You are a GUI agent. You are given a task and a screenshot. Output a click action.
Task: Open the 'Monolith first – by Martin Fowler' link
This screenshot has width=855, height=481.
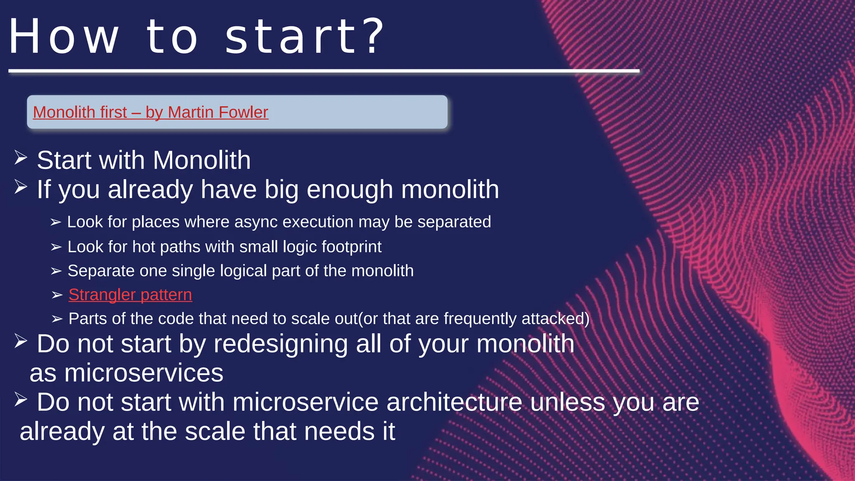click(150, 112)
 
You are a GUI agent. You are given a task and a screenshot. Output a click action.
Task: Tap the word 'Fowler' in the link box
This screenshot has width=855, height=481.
click(243, 112)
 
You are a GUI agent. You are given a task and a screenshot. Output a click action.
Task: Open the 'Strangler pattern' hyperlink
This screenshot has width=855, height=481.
click(130, 295)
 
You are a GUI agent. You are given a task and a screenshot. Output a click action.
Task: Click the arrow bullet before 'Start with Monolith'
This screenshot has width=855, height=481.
click(20, 158)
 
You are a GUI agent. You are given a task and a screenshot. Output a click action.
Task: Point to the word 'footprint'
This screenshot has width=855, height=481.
click(351, 247)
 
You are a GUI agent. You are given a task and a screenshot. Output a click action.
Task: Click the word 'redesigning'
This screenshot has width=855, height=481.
click(280, 344)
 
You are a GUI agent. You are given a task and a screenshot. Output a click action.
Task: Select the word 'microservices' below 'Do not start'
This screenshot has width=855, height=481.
click(144, 373)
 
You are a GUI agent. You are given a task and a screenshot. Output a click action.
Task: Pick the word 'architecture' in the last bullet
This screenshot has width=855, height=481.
click(454, 402)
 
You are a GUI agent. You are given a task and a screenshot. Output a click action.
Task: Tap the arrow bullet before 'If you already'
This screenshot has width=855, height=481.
click(20, 187)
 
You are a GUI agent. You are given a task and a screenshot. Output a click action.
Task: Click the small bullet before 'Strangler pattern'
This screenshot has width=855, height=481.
click(57, 295)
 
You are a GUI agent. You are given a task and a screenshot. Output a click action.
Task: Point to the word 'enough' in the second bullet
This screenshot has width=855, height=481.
click(349, 190)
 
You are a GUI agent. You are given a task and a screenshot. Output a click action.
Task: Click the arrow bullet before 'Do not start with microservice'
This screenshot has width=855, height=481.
click(20, 400)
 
